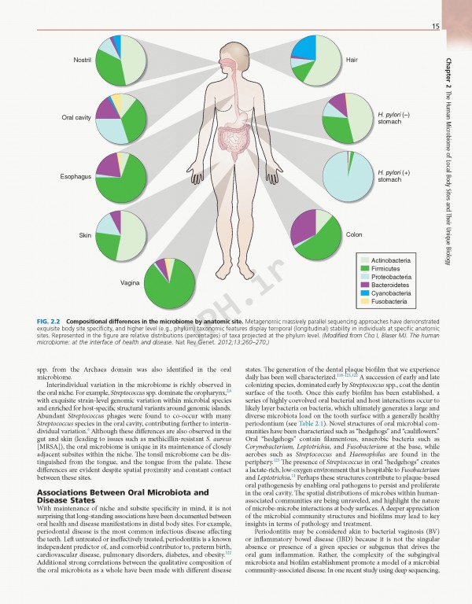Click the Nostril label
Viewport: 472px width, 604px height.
(82, 60)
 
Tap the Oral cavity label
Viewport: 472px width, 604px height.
(77, 117)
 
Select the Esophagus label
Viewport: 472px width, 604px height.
(76, 176)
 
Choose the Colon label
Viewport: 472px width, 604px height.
(354, 234)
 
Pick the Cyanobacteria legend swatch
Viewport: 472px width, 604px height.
(364, 293)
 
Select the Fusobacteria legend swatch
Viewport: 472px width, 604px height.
(364, 301)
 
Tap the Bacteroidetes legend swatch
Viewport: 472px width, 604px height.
(364, 285)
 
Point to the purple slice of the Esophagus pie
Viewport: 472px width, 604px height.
(107, 166)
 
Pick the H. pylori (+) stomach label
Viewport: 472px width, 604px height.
(390, 175)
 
